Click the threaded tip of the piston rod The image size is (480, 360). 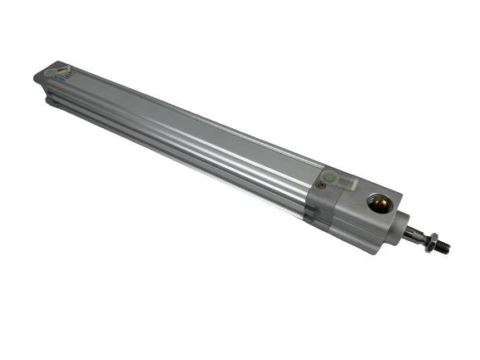(443, 246)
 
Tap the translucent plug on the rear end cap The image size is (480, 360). (58, 72)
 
